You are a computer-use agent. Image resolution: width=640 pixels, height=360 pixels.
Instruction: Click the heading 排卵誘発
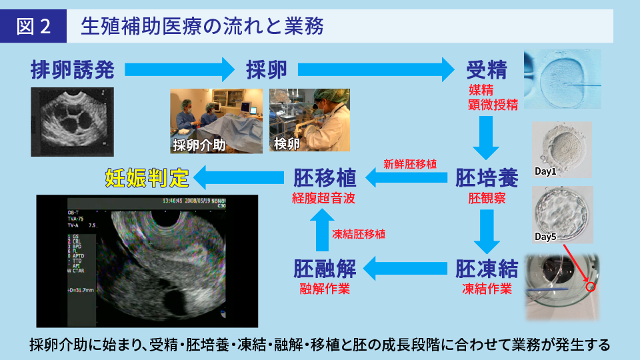point(73,69)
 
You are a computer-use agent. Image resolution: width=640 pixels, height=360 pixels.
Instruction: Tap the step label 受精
point(487,69)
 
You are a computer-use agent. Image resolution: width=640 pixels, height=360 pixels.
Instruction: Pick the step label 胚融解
point(325,269)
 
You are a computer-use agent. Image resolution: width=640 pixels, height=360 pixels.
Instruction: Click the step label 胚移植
point(325,177)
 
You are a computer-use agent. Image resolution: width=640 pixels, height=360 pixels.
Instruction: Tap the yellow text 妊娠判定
point(147,177)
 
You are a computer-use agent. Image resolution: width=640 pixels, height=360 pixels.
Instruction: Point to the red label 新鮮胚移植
point(410,163)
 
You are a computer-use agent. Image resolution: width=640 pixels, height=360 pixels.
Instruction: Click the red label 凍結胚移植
point(358,234)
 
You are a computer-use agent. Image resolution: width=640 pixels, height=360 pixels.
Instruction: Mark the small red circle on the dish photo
point(589,287)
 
